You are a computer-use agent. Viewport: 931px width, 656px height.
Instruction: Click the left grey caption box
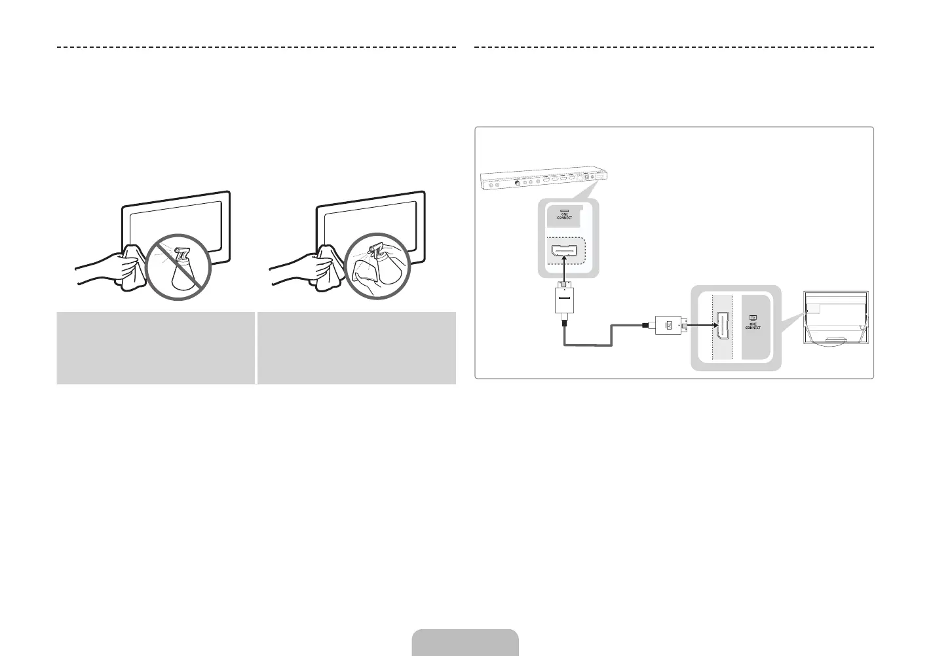click(155, 347)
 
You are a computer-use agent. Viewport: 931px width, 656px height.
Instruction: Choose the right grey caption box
click(356, 347)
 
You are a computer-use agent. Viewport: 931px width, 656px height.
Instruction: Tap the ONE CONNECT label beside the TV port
click(753, 325)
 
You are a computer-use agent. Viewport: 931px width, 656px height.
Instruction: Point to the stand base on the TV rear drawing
click(837, 340)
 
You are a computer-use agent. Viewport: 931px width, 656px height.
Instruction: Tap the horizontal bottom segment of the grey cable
click(588, 344)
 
